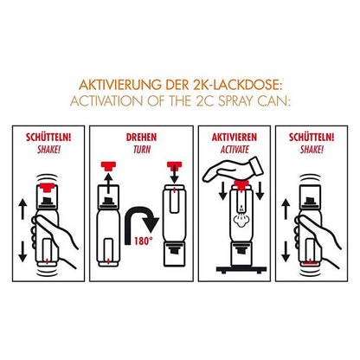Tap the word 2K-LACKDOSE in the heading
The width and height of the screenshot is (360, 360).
point(235,85)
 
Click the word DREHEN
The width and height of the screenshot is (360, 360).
point(141,138)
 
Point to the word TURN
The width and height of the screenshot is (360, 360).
point(142,150)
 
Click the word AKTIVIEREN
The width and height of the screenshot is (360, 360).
point(235,138)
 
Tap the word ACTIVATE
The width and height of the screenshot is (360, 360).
point(235,150)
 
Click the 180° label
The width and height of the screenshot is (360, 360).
point(143,241)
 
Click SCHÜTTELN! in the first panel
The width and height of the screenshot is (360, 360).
point(48,138)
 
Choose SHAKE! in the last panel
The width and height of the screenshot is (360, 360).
point(312,150)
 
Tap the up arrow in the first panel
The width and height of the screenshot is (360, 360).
point(22,209)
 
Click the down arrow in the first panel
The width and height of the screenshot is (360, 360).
point(22,252)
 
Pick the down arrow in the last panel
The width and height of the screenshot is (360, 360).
point(286,252)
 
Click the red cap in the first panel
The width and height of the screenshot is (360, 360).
point(47,187)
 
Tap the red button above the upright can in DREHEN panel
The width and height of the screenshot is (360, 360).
point(108,165)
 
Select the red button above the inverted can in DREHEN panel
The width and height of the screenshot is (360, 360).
point(175,165)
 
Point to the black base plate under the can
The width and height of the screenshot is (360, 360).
point(241,270)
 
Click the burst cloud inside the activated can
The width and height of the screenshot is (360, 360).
point(241,220)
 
